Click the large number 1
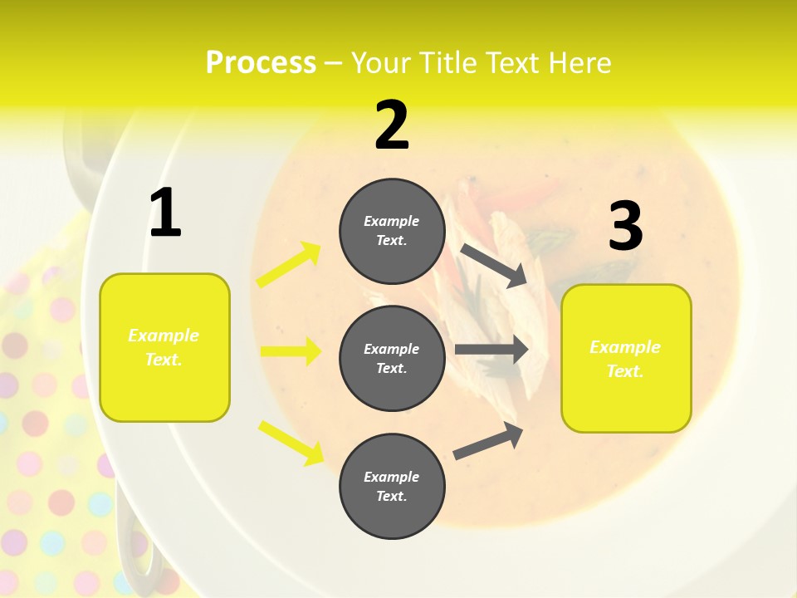[x=165, y=213]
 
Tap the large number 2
[x=392, y=125]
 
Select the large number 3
[x=625, y=226]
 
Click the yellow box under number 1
[x=164, y=347]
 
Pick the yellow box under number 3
[x=626, y=359]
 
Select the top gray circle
[x=392, y=230]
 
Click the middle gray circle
[x=392, y=358]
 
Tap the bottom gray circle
[x=392, y=486]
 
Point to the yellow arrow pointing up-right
[x=289, y=264]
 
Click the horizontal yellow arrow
[x=291, y=351]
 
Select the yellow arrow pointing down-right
[x=291, y=442]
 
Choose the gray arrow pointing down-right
[x=494, y=265]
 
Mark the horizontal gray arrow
[x=491, y=350]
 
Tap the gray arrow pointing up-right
[x=489, y=441]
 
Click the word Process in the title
[x=261, y=62]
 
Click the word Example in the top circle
[x=392, y=221]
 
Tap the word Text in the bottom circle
[x=390, y=496]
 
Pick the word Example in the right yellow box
[x=625, y=347]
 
